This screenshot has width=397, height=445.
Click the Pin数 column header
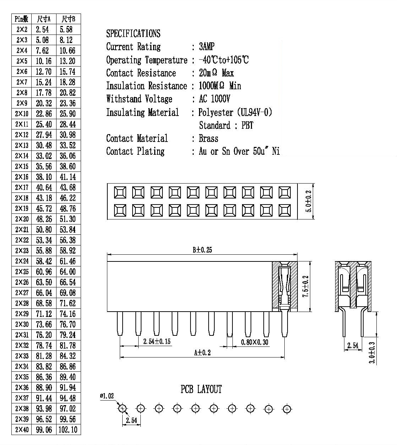click(22, 19)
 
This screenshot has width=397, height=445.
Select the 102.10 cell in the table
click(68, 430)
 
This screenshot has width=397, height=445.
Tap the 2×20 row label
click(22, 219)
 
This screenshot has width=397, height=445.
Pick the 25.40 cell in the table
click(44, 124)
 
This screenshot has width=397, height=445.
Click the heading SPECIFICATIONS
click(133, 33)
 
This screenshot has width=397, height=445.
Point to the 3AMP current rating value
click(206, 47)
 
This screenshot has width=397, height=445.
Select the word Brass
click(209, 138)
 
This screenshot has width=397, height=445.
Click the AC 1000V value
click(214, 99)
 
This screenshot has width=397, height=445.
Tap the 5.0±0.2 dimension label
click(309, 201)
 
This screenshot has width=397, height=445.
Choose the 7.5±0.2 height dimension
click(306, 286)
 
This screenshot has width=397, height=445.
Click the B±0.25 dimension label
click(202, 250)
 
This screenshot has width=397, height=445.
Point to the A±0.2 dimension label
click(202, 353)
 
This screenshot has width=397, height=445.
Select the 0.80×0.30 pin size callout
click(254, 342)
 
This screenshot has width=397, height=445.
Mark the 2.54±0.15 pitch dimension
click(157, 341)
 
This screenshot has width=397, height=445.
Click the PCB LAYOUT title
click(201, 389)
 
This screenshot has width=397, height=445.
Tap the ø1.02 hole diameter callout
click(107, 396)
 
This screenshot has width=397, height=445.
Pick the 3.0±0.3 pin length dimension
click(372, 353)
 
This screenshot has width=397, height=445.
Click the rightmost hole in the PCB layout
click(287, 409)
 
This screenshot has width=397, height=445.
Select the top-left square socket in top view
click(120, 192)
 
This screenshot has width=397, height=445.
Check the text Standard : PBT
click(226, 126)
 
